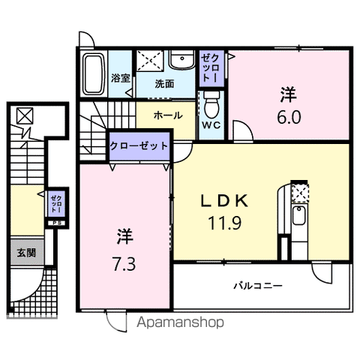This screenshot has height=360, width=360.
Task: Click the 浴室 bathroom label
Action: pos(120,77)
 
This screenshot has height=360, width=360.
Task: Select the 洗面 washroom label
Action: pos(165,84)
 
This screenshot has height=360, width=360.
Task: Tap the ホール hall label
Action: pos(165,115)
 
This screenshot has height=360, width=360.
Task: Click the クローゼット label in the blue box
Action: pos(139,145)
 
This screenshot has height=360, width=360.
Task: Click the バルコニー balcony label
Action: pos(257,285)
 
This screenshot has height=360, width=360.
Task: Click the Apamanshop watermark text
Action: pos(181,322)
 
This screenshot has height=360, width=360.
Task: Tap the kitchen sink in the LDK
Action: pos(297,219)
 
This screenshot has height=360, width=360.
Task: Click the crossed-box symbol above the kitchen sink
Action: pos(298,193)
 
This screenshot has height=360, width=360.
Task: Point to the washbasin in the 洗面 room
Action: pos(180,61)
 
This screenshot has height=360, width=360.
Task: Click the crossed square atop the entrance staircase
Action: pos(25,116)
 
